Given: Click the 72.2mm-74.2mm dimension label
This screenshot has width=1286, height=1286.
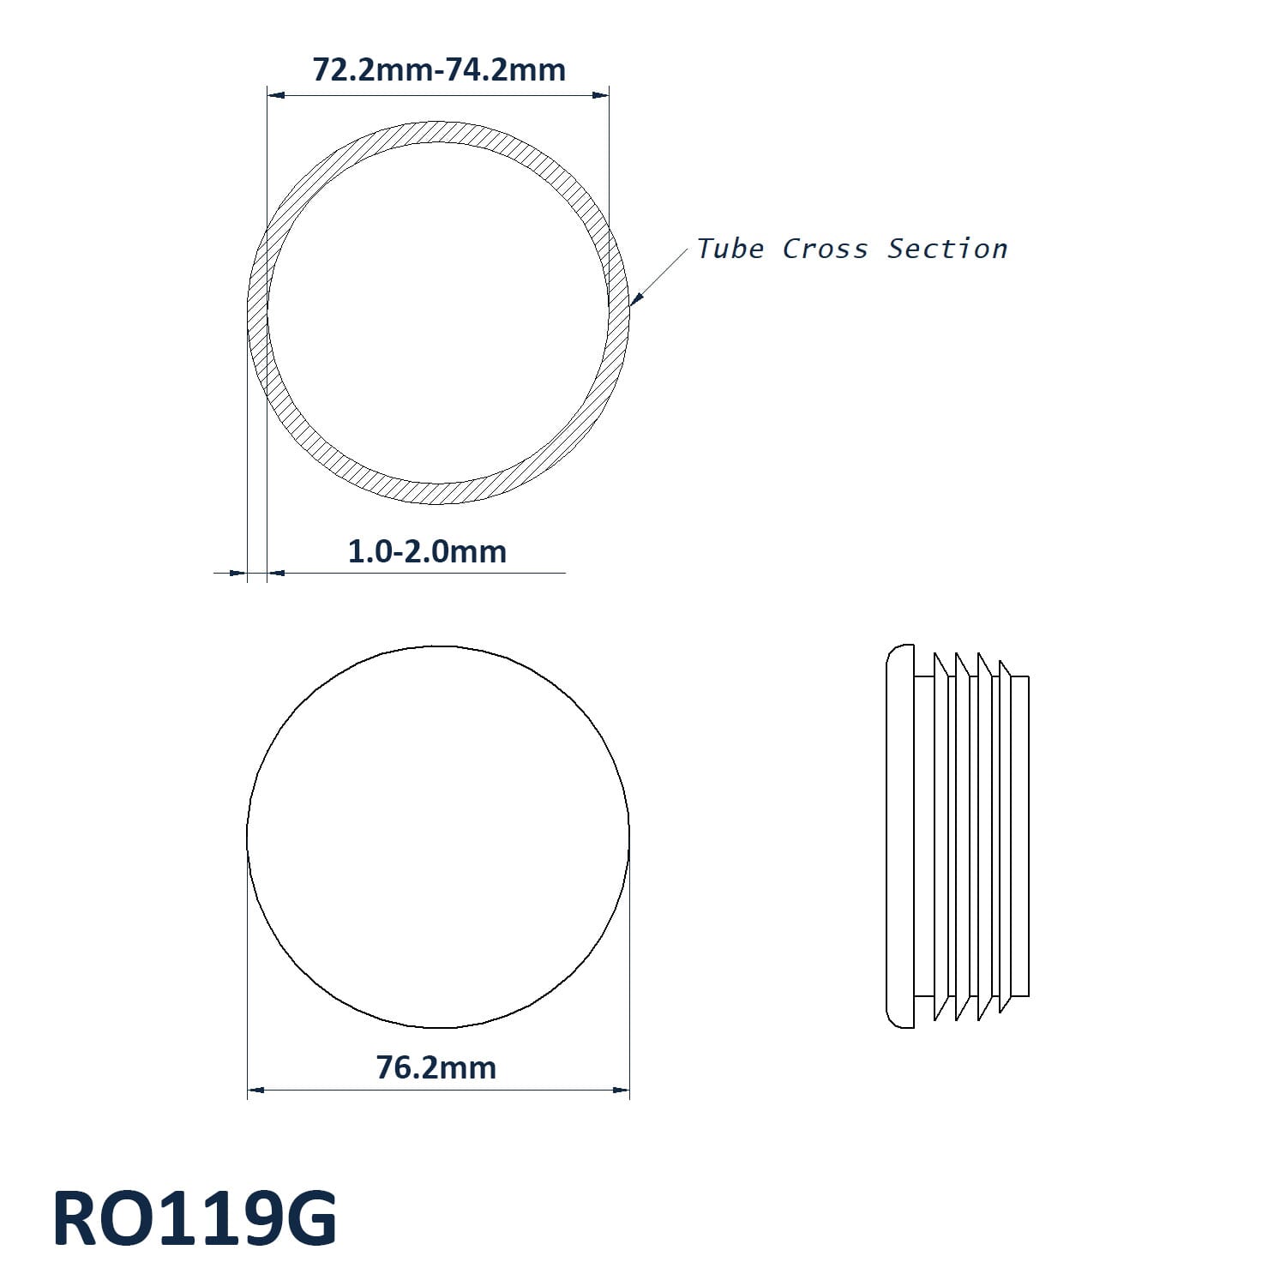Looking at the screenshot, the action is [x=439, y=69].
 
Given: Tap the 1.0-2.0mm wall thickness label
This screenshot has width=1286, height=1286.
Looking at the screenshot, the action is [x=427, y=551].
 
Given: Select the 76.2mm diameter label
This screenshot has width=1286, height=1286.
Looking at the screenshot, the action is [x=436, y=1067].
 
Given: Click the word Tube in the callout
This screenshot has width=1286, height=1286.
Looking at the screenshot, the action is [x=730, y=249].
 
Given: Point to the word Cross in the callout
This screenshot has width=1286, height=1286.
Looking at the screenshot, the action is [x=825, y=249].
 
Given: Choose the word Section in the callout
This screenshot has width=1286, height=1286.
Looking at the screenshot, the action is [x=947, y=249].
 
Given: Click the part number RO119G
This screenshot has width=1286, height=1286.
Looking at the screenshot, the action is [x=195, y=1218].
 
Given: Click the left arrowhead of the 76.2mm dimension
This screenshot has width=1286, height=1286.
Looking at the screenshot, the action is [x=255, y=1091].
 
